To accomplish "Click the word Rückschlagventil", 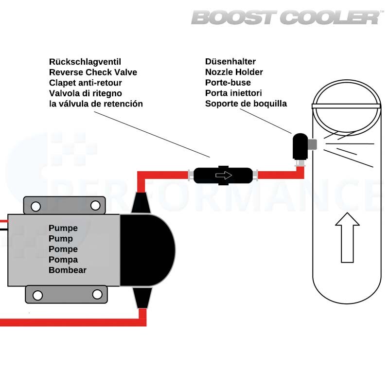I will tap(85, 62).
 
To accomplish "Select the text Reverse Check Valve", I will tap(93, 72).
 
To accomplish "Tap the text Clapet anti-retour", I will tap(86, 83).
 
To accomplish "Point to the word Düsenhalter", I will tap(230, 62).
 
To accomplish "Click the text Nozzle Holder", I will tap(234, 72).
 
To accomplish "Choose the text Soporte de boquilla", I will tap(246, 104).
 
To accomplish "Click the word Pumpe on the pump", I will tap(63, 228).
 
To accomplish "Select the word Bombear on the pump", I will tap(67, 270).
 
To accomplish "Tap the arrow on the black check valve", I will tap(224, 175).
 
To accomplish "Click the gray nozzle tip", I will tap(313, 144).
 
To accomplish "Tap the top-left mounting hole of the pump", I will tap(35, 206).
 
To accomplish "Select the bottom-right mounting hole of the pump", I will tap(97, 294).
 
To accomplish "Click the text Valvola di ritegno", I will tap(85, 93).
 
